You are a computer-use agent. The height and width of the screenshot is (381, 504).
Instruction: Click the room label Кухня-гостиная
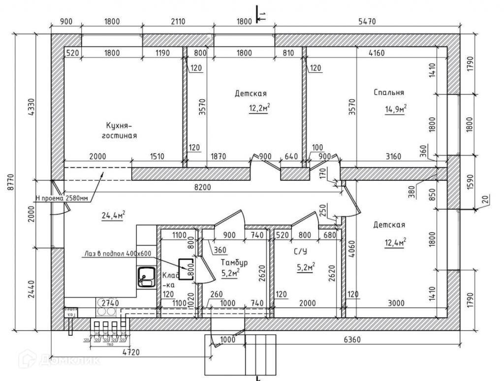coord(119,130)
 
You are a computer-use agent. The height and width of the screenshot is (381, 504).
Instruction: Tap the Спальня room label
coord(389,92)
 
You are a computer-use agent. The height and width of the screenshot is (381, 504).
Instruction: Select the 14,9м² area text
coord(395,108)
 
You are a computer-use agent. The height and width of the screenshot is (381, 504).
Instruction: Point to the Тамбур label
coord(234,262)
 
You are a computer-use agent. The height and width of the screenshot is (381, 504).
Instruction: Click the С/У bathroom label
coord(301,253)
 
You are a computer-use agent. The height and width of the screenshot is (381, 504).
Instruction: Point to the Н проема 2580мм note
coord(62,199)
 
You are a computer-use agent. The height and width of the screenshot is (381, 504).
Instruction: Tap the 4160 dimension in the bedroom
coord(377,53)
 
